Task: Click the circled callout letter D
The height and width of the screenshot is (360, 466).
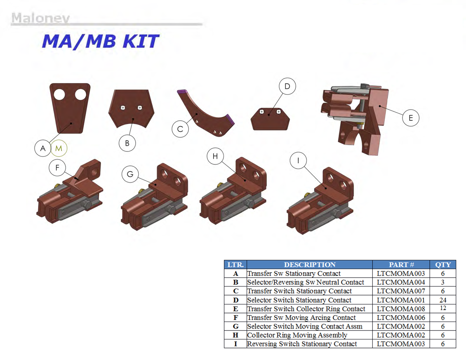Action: (x=287, y=86)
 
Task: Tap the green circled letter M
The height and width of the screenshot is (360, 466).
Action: (x=59, y=148)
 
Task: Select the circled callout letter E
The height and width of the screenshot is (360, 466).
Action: (x=411, y=118)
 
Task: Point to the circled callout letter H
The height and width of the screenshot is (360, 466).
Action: (x=215, y=156)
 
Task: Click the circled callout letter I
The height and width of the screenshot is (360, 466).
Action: (x=298, y=160)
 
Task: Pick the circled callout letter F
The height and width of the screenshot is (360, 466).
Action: (x=57, y=168)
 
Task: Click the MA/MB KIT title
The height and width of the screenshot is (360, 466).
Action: (x=100, y=42)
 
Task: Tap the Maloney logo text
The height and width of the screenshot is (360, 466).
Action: (x=40, y=18)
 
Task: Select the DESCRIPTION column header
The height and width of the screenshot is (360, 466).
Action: (x=310, y=265)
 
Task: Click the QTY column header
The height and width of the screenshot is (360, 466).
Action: (x=443, y=265)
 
